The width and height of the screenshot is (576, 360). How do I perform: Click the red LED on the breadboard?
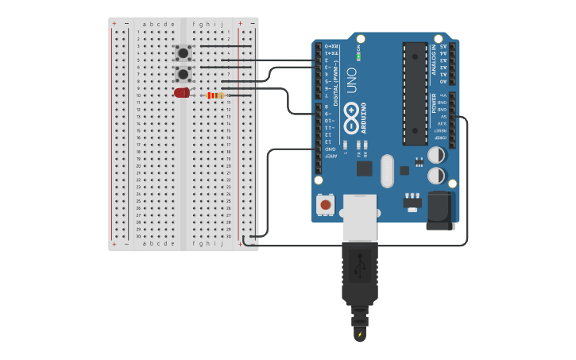point(182,93)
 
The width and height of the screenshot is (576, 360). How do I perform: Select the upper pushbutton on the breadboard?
point(183,53)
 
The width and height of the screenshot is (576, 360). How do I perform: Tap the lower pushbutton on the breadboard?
point(183,74)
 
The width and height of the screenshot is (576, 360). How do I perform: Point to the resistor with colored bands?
point(215,95)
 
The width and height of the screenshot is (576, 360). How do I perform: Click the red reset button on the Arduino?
point(325,205)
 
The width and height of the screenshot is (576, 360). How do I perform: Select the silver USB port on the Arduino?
point(360,217)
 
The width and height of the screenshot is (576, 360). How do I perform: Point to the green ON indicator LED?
point(358,56)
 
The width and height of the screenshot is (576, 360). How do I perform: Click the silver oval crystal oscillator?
point(387,171)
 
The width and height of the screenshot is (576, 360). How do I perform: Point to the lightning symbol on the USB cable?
point(360,335)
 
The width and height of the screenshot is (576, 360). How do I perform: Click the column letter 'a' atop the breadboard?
point(144,24)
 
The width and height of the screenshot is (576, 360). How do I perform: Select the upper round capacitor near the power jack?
point(436,155)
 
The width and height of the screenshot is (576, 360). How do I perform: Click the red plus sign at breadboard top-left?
point(114,23)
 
